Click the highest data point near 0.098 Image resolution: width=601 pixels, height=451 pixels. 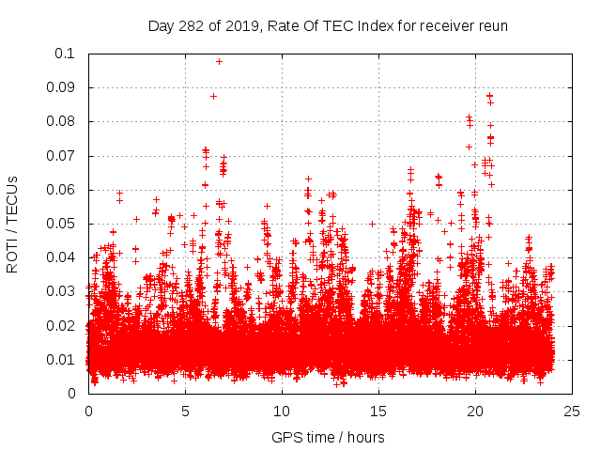pos(219,61)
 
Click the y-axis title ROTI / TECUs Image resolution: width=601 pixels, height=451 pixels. pos(12,224)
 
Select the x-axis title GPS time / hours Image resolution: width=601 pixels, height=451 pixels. pos(328,437)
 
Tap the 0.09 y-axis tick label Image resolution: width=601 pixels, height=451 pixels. pos(61,87)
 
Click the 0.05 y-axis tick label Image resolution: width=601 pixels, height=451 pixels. pos(61,224)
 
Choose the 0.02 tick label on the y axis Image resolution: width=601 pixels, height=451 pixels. pos(61,325)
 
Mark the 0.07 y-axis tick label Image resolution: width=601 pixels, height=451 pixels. pos(61,156)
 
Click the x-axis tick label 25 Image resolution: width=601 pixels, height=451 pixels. pos(571,412)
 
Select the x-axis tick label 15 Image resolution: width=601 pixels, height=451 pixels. pos(378,412)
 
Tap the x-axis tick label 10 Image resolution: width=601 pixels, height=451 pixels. pos(281,412)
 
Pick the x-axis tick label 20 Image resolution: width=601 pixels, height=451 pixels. pos(474,412)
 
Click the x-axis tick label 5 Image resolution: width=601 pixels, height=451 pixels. pos(185,412)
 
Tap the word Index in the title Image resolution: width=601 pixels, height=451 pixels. pos(366,25)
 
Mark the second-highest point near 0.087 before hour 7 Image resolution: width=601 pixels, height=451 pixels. pos(213,96)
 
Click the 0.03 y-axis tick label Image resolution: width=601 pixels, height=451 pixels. pos(61,291)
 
